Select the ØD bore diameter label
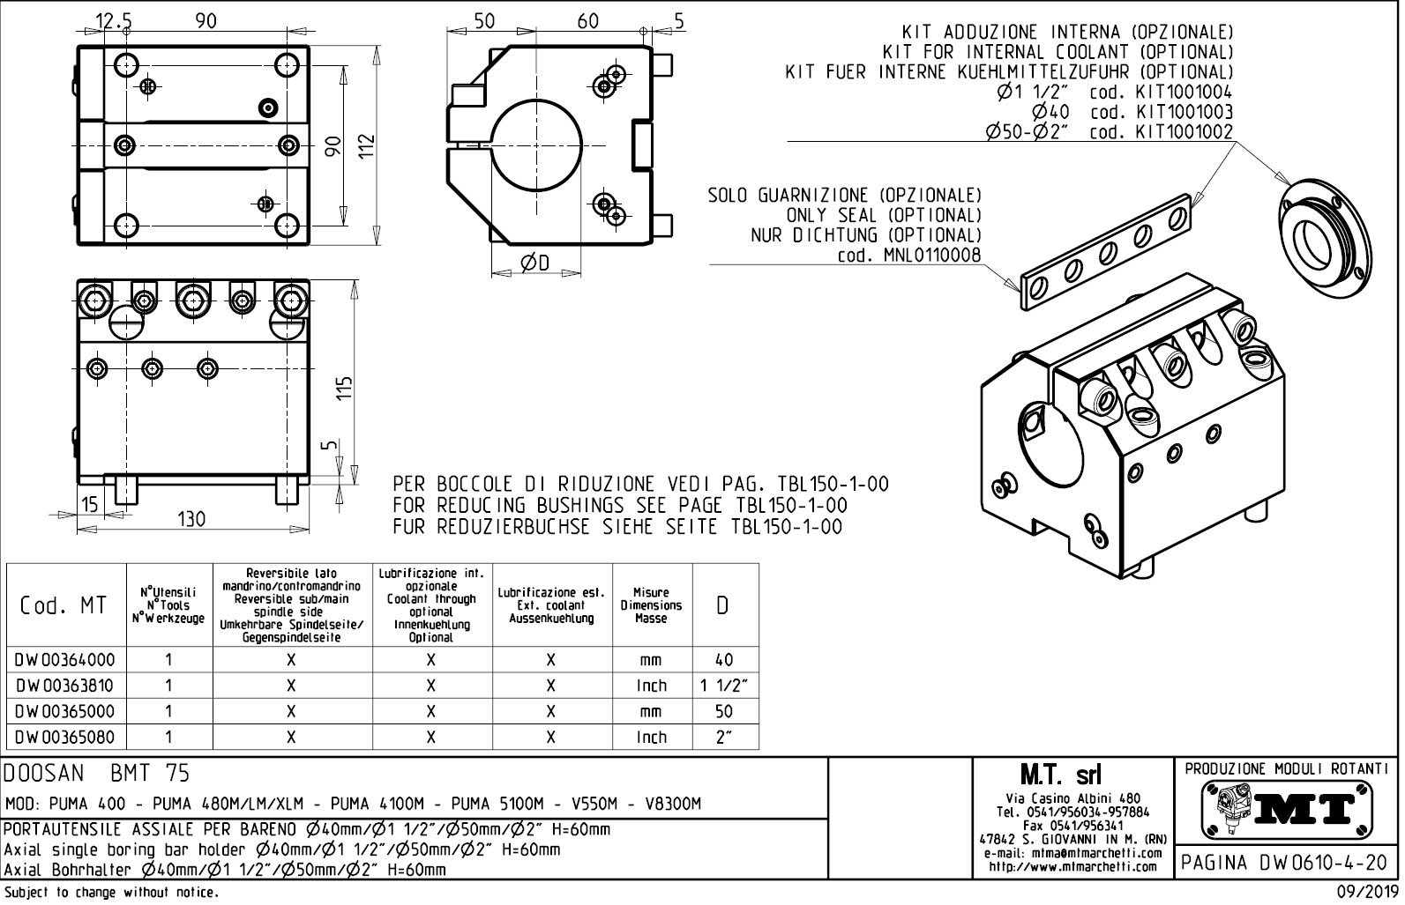tap(535, 263)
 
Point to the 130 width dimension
tap(191, 519)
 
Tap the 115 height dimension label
tap(345, 388)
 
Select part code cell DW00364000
tap(64, 659)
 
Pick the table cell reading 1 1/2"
tap(723, 685)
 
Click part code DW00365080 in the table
tap(64, 736)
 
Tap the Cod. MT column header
tap(64, 605)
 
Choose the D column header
tap(723, 605)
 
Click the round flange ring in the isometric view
tap(1327, 241)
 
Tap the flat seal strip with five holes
tap(1107, 255)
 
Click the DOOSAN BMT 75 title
tap(97, 774)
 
